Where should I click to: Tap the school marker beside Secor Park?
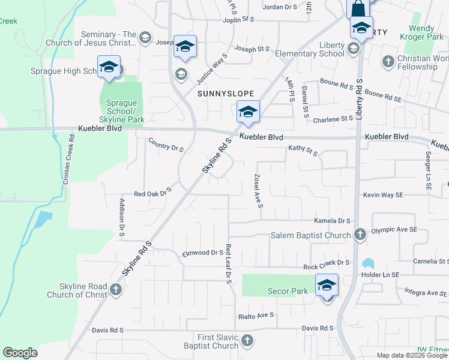click(327, 285)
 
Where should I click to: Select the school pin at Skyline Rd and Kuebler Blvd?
click(247, 112)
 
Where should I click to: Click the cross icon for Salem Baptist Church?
click(360, 235)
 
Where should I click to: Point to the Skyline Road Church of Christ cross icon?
click(115, 290)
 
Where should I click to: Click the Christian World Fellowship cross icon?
click(388, 62)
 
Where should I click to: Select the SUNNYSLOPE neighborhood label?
click(226, 94)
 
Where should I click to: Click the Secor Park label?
click(288, 291)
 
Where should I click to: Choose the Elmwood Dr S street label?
click(203, 253)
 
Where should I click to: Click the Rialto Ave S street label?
click(256, 315)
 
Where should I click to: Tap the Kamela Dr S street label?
click(331, 221)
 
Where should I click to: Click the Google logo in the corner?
click(20, 353)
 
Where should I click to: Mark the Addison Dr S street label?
click(121, 217)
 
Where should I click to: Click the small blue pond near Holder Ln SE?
click(368, 263)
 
